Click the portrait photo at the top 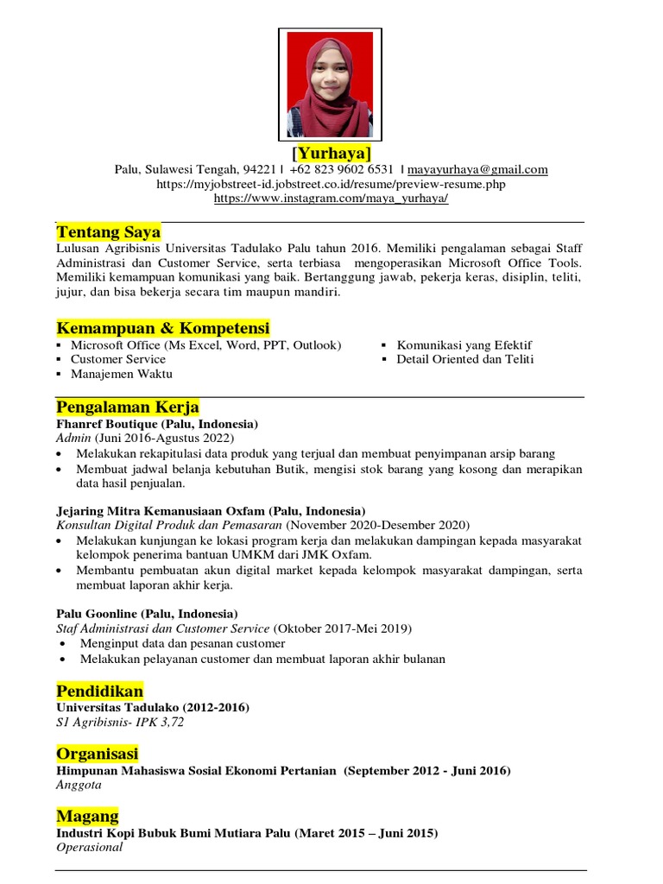(x=330, y=85)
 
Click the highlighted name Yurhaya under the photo (x=331, y=153)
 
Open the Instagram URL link (x=331, y=198)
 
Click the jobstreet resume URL (x=331, y=184)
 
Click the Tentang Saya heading (x=108, y=232)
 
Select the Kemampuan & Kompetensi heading (x=163, y=328)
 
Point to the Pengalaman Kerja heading (x=128, y=407)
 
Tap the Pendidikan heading (x=100, y=691)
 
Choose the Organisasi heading (x=97, y=754)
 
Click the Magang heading (x=87, y=816)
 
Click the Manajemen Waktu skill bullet (x=121, y=374)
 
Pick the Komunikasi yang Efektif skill (x=464, y=345)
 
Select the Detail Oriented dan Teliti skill (x=464, y=359)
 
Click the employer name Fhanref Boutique (x=108, y=425)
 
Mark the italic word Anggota (x=79, y=785)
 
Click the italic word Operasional (x=89, y=847)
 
